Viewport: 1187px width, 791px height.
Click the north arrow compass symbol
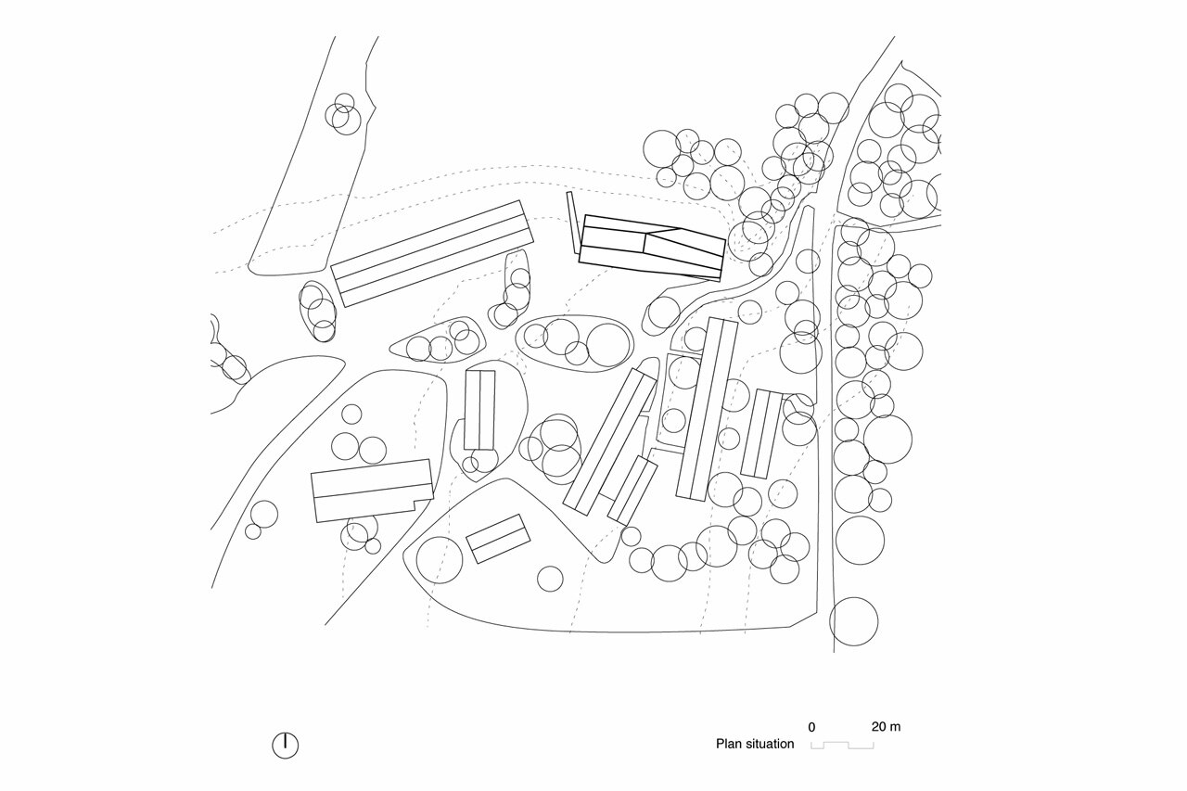[x=286, y=745]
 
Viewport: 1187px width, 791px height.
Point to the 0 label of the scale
[x=811, y=727]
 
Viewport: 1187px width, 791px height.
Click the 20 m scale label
[x=886, y=727]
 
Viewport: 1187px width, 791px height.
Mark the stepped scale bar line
[x=842, y=745]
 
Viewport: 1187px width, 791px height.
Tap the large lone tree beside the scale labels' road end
[x=853, y=621]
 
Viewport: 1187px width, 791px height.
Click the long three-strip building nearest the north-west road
[x=431, y=253]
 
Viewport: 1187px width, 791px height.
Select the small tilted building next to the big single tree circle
[x=498, y=539]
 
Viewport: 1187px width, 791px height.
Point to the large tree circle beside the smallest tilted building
[x=440, y=560]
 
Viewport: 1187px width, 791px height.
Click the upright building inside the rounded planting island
[x=479, y=409]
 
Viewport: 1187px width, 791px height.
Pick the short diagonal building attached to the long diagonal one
[x=632, y=489]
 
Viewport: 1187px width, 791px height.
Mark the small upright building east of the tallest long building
[x=762, y=433]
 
